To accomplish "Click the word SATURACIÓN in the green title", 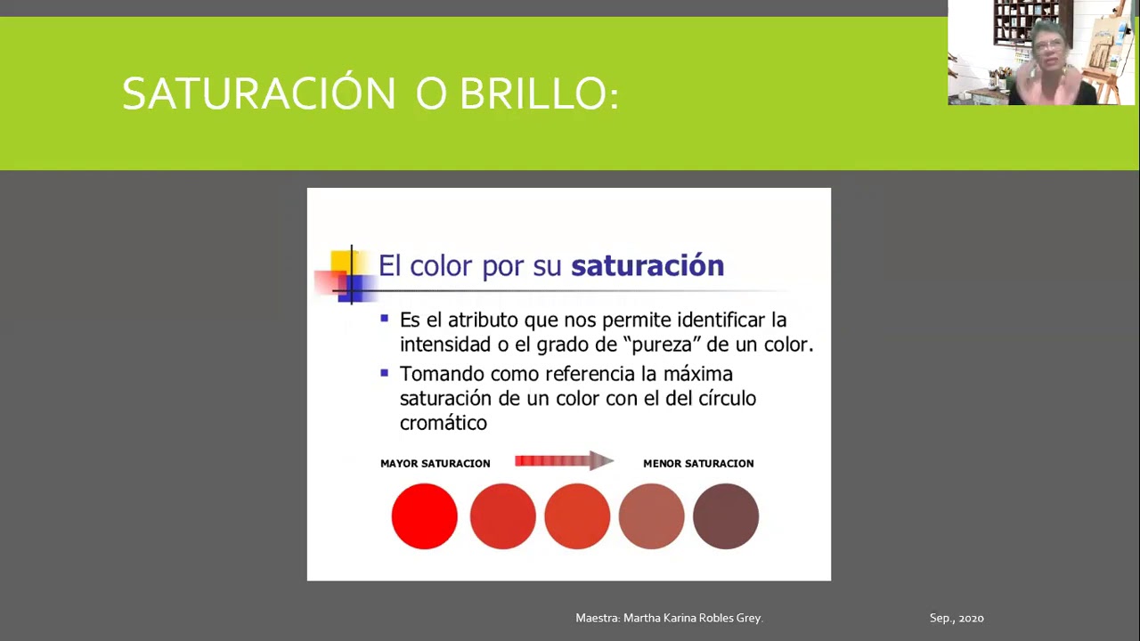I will (x=258, y=94).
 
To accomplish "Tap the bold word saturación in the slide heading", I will (x=647, y=265).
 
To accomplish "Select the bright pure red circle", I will (x=424, y=516).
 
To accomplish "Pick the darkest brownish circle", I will (x=726, y=516).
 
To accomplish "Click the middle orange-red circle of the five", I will (x=577, y=516).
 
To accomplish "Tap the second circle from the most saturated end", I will (x=502, y=516).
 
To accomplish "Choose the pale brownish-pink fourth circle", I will (x=651, y=516).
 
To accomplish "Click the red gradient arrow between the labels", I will (x=564, y=460).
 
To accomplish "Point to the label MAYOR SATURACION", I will (x=435, y=464).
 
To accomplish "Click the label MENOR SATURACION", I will (x=698, y=464).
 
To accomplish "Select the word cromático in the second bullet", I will (x=443, y=423).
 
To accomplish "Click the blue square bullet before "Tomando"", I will (x=385, y=373).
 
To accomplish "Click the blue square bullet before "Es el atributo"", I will (x=385, y=318).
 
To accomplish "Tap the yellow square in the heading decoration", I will (x=340, y=261).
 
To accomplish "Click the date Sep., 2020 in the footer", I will (x=957, y=618).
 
